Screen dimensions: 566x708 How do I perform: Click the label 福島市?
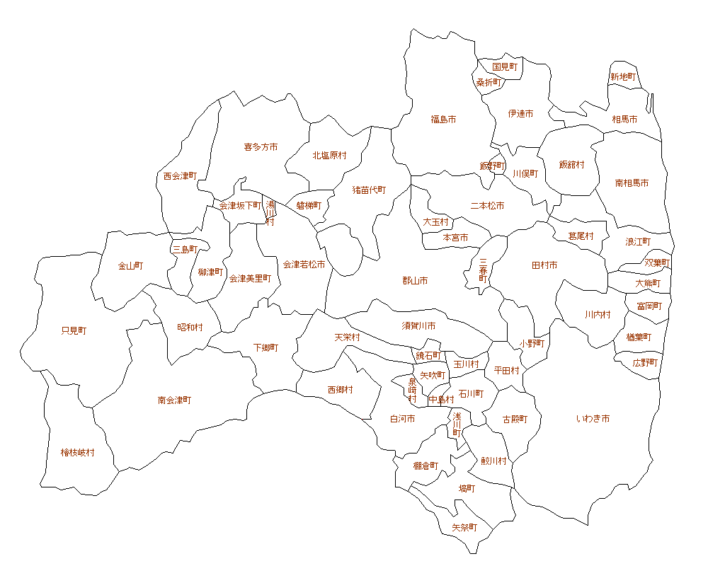443,120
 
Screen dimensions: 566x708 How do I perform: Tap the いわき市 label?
593,419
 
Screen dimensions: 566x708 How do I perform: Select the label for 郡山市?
415,281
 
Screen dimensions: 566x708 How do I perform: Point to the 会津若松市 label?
304,265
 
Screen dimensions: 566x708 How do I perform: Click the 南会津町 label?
174,400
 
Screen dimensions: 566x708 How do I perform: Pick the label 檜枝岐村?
77,453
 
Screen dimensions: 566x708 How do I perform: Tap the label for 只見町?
74,330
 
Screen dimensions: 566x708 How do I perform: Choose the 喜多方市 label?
261,147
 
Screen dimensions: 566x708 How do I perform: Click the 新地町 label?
623,77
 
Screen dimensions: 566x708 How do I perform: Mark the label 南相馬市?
632,183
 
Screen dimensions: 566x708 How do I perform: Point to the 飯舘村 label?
571,165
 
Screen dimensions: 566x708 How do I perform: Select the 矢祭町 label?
464,528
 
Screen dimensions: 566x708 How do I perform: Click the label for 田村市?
544,265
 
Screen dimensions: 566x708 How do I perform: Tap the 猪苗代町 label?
370,190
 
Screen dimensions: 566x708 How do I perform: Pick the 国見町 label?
505,67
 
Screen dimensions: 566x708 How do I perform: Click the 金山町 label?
130,266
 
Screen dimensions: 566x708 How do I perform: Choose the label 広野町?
646,362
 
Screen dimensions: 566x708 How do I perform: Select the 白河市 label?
402,419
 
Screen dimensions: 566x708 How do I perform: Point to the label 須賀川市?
418,325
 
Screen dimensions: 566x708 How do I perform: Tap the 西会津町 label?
180,175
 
